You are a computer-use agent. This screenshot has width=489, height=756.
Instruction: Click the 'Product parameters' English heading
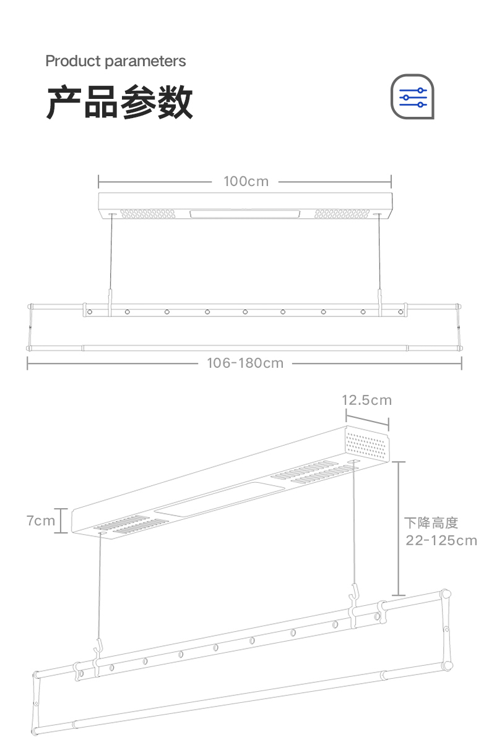pyautogui.click(x=116, y=61)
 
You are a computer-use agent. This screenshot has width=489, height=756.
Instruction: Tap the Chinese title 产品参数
pyautogui.click(x=119, y=101)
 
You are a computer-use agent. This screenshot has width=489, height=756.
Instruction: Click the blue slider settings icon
pyautogui.click(x=412, y=97)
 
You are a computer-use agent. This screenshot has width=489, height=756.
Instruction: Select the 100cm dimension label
pyautogui.click(x=246, y=182)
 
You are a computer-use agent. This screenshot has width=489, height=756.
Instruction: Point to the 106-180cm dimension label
pyautogui.click(x=245, y=363)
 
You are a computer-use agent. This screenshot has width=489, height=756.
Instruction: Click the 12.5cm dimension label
pyautogui.click(x=366, y=400)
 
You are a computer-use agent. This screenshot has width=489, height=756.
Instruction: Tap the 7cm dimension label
pyautogui.click(x=41, y=520)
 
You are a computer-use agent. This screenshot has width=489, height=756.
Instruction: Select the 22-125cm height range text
pyautogui.click(x=441, y=540)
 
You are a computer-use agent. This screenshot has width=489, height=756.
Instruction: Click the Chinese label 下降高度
pyautogui.click(x=431, y=523)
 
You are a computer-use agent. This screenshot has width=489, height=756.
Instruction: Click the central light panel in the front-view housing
pyautogui.click(x=245, y=214)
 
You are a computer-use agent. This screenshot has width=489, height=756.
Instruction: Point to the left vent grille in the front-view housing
pyautogui.click(x=148, y=214)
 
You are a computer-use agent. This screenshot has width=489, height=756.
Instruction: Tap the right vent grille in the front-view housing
pyautogui.click(x=342, y=214)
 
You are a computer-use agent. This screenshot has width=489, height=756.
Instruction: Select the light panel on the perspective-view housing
pyautogui.click(x=220, y=499)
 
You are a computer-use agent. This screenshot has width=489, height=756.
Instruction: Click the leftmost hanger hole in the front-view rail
pyautogui.click(x=90, y=312)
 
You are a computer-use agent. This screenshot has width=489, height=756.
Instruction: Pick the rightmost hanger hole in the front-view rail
pyautogui.click(x=400, y=312)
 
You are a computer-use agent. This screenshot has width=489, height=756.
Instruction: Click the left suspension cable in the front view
pyautogui.click(x=111, y=252)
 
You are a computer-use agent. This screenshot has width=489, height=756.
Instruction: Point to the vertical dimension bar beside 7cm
pyautogui.click(x=61, y=520)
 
